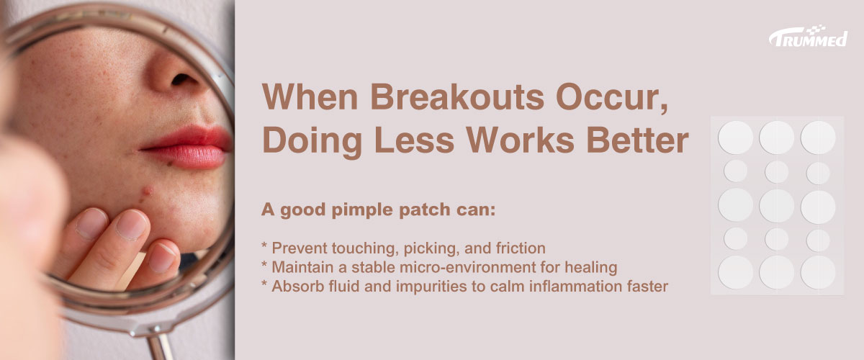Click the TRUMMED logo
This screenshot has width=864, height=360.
[x=808, y=36]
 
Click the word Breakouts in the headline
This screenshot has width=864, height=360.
[x=457, y=96]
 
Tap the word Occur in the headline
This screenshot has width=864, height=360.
[x=612, y=97]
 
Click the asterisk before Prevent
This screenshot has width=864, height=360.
[x=264, y=246]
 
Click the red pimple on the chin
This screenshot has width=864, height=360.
[x=147, y=190]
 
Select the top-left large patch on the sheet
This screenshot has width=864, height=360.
[x=735, y=138]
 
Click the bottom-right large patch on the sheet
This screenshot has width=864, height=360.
[x=818, y=272]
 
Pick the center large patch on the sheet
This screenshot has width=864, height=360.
[x=776, y=205]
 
